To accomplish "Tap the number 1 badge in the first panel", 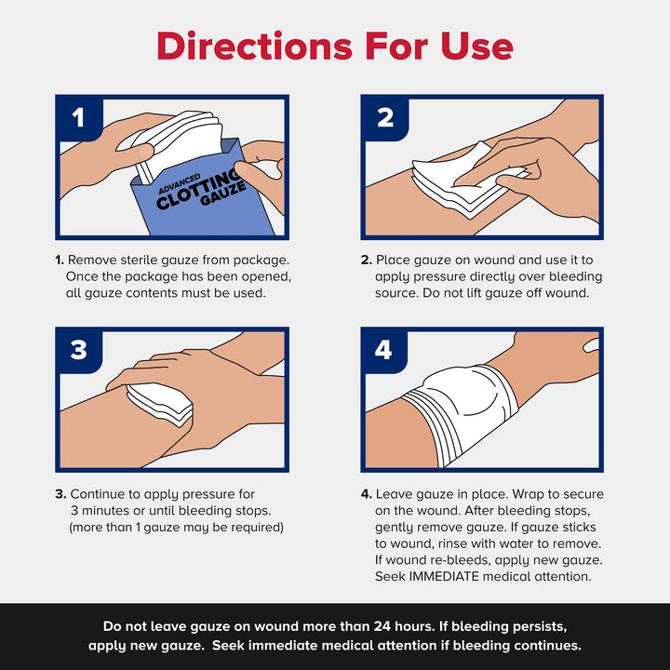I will coord(78,117).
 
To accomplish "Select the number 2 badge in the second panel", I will coord(384,117).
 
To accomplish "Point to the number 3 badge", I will coord(78,350).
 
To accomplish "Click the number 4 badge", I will coord(384,350).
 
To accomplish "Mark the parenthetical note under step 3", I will coord(176,528).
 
